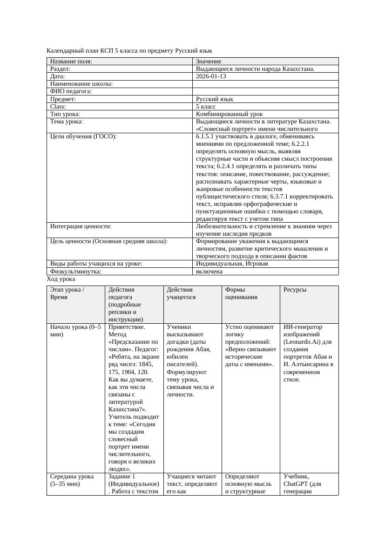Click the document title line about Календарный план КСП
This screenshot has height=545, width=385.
[x=129, y=50]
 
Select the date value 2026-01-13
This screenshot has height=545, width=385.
[x=211, y=76]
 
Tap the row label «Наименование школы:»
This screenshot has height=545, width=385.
[x=81, y=84]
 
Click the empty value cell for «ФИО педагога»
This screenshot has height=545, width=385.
[x=265, y=91]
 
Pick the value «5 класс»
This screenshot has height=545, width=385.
[x=206, y=107]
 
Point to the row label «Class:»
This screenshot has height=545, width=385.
[x=58, y=107]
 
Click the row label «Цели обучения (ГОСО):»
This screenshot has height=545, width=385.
[x=83, y=136]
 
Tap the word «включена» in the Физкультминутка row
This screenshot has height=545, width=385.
[x=209, y=271]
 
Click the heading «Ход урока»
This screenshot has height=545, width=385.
[x=61, y=279]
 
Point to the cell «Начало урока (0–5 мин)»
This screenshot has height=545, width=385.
[x=75, y=331]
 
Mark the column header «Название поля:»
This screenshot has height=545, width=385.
[x=71, y=61]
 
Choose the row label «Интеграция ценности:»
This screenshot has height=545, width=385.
[x=81, y=226]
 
